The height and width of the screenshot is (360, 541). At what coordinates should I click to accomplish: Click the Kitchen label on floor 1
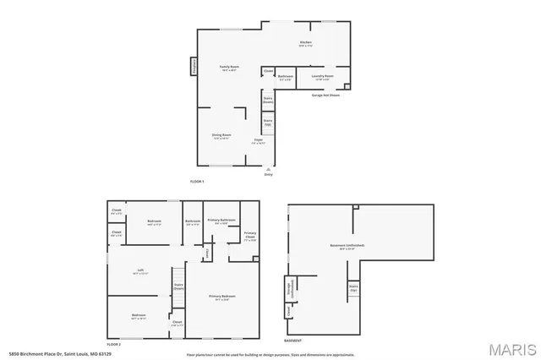pyautogui.click(x=306, y=43)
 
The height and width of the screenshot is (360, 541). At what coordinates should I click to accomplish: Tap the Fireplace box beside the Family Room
pyautogui.click(x=194, y=66)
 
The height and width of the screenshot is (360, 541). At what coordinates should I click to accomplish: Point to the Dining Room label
pyautogui.click(x=221, y=136)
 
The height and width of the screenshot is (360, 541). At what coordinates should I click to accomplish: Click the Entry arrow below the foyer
pyautogui.click(x=269, y=170)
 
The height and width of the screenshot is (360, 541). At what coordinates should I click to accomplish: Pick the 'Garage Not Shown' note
pyautogui.click(x=325, y=95)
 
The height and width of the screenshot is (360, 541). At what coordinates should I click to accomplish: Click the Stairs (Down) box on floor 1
pyautogui.click(x=268, y=99)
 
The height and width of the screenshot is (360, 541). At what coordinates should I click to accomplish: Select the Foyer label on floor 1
pyautogui.click(x=259, y=141)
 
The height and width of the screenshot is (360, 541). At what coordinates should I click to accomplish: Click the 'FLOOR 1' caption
pyautogui.click(x=197, y=182)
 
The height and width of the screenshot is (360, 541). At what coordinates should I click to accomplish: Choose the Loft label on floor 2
pyautogui.click(x=140, y=271)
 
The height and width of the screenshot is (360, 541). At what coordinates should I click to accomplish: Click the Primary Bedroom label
pyautogui.click(x=222, y=297)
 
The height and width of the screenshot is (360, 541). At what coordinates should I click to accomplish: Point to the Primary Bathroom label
pyautogui.click(x=221, y=221)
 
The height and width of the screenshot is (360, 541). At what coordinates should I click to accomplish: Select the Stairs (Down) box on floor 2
pyautogui.click(x=178, y=287)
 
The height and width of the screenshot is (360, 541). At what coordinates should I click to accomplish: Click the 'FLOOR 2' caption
pyautogui.click(x=114, y=345)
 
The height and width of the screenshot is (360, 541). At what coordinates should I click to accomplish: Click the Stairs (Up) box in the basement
pyautogui.click(x=353, y=288)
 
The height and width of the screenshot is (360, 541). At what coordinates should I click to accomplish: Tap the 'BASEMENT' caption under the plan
pyautogui.click(x=292, y=341)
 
